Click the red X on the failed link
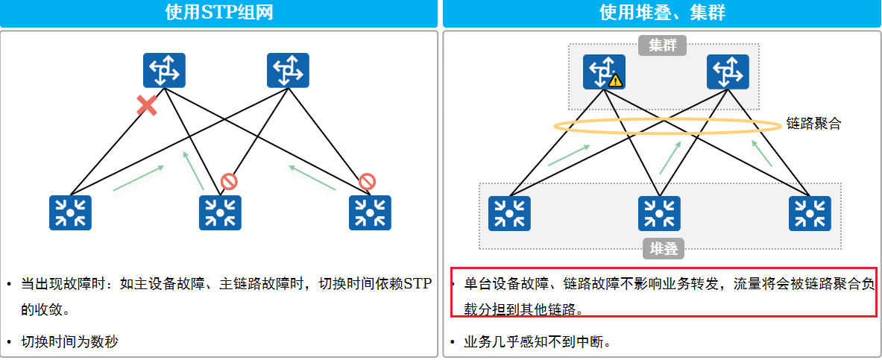[147, 106]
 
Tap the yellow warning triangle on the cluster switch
[615, 80]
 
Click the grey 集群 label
[662, 45]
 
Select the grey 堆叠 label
[663, 248]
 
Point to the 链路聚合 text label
[813, 124]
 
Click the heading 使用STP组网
[218, 13]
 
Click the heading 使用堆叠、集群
[662, 13]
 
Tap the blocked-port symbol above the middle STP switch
[229, 181]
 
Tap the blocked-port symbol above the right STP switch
[367, 181]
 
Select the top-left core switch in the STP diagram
[164, 71]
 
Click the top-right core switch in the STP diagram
[288, 71]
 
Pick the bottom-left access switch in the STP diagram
[70, 212]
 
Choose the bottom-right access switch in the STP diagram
[370, 212]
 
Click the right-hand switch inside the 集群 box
[728, 71]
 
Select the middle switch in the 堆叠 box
[659, 212]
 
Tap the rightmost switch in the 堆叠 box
[810, 212]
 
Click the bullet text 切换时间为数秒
[69, 342]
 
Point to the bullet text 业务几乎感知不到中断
[537, 342]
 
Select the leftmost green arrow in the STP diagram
[139, 178]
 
